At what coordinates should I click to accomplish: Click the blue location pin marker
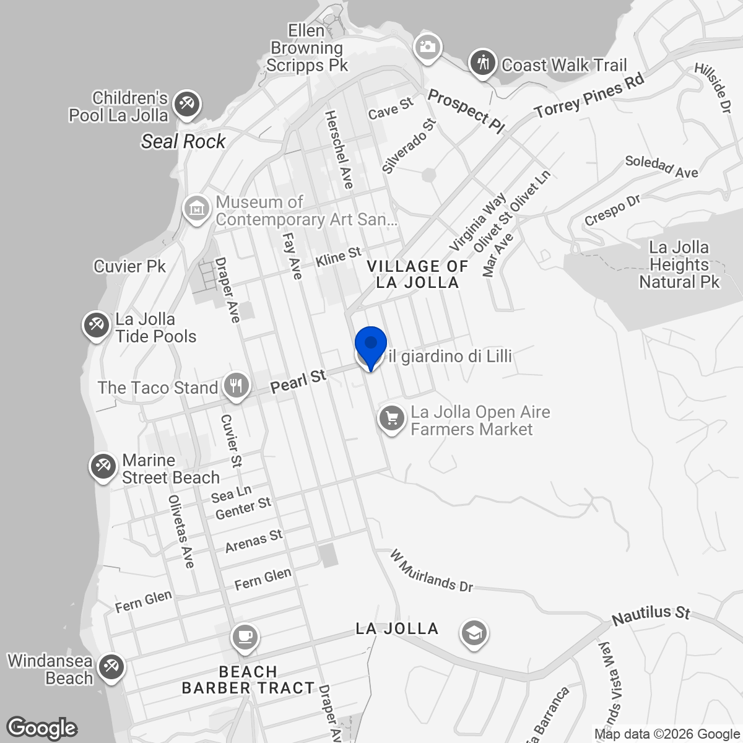(x=371, y=344)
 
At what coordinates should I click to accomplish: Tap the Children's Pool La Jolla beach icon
(x=185, y=103)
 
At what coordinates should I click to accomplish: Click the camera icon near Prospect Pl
(x=427, y=47)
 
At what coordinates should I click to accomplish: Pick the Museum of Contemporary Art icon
(x=197, y=208)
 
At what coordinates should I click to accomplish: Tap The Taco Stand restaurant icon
(x=235, y=386)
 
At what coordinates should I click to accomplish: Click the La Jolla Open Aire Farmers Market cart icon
(x=392, y=419)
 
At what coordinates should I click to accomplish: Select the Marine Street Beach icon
(x=103, y=466)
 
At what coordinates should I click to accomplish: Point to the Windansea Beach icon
(x=111, y=667)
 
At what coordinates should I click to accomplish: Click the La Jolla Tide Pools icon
(x=97, y=325)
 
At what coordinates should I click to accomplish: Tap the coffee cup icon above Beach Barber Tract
(x=244, y=636)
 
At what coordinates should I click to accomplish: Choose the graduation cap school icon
(x=474, y=633)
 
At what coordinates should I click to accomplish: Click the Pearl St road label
(x=298, y=381)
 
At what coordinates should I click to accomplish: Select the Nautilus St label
(x=651, y=614)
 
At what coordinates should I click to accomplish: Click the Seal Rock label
(x=183, y=141)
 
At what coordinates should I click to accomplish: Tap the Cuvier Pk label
(x=130, y=266)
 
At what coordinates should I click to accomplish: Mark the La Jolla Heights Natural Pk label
(x=679, y=265)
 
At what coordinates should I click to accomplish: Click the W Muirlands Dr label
(x=432, y=570)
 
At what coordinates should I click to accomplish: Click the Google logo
(x=42, y=728)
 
